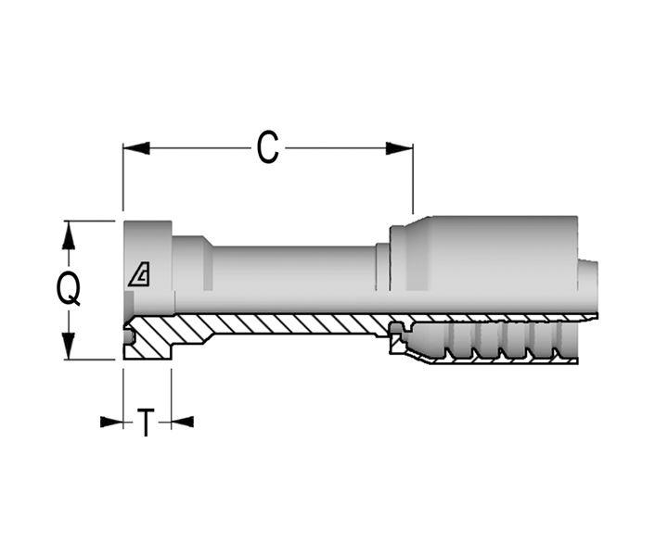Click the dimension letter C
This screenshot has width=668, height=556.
pos(267,148)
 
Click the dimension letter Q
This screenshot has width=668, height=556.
pos(68,290)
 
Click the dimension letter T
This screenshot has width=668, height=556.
pos(147,423)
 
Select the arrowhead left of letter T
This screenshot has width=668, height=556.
pos(112,422)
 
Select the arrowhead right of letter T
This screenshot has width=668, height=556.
pos(182,422)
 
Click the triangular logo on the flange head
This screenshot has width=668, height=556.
pos(140,274)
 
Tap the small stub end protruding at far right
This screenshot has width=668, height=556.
pos(588,286)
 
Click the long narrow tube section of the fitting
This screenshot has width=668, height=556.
pos(292,278)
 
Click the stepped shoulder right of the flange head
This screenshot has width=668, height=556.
pos(192,273)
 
